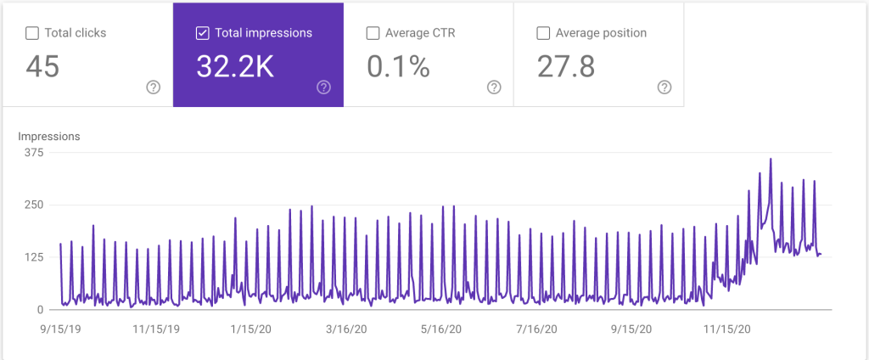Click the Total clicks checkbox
tap(32, 34)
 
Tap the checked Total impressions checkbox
tap(202, 34)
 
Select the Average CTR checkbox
tap(372, 34)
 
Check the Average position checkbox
tap(543, 34)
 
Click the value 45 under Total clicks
tap(42, 66)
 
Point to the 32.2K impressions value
tap(235, 66)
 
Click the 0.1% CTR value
tap(398, 66)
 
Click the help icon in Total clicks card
tap(154, 87)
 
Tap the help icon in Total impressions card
tap(323, 87)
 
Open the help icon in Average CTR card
tap(494, 87)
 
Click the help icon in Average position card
tap(664, 87)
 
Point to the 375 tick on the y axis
tap(34, 153)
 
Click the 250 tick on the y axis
tap(34, 205)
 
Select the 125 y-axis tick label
tap(34, 257)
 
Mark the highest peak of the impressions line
tap(771, 159)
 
